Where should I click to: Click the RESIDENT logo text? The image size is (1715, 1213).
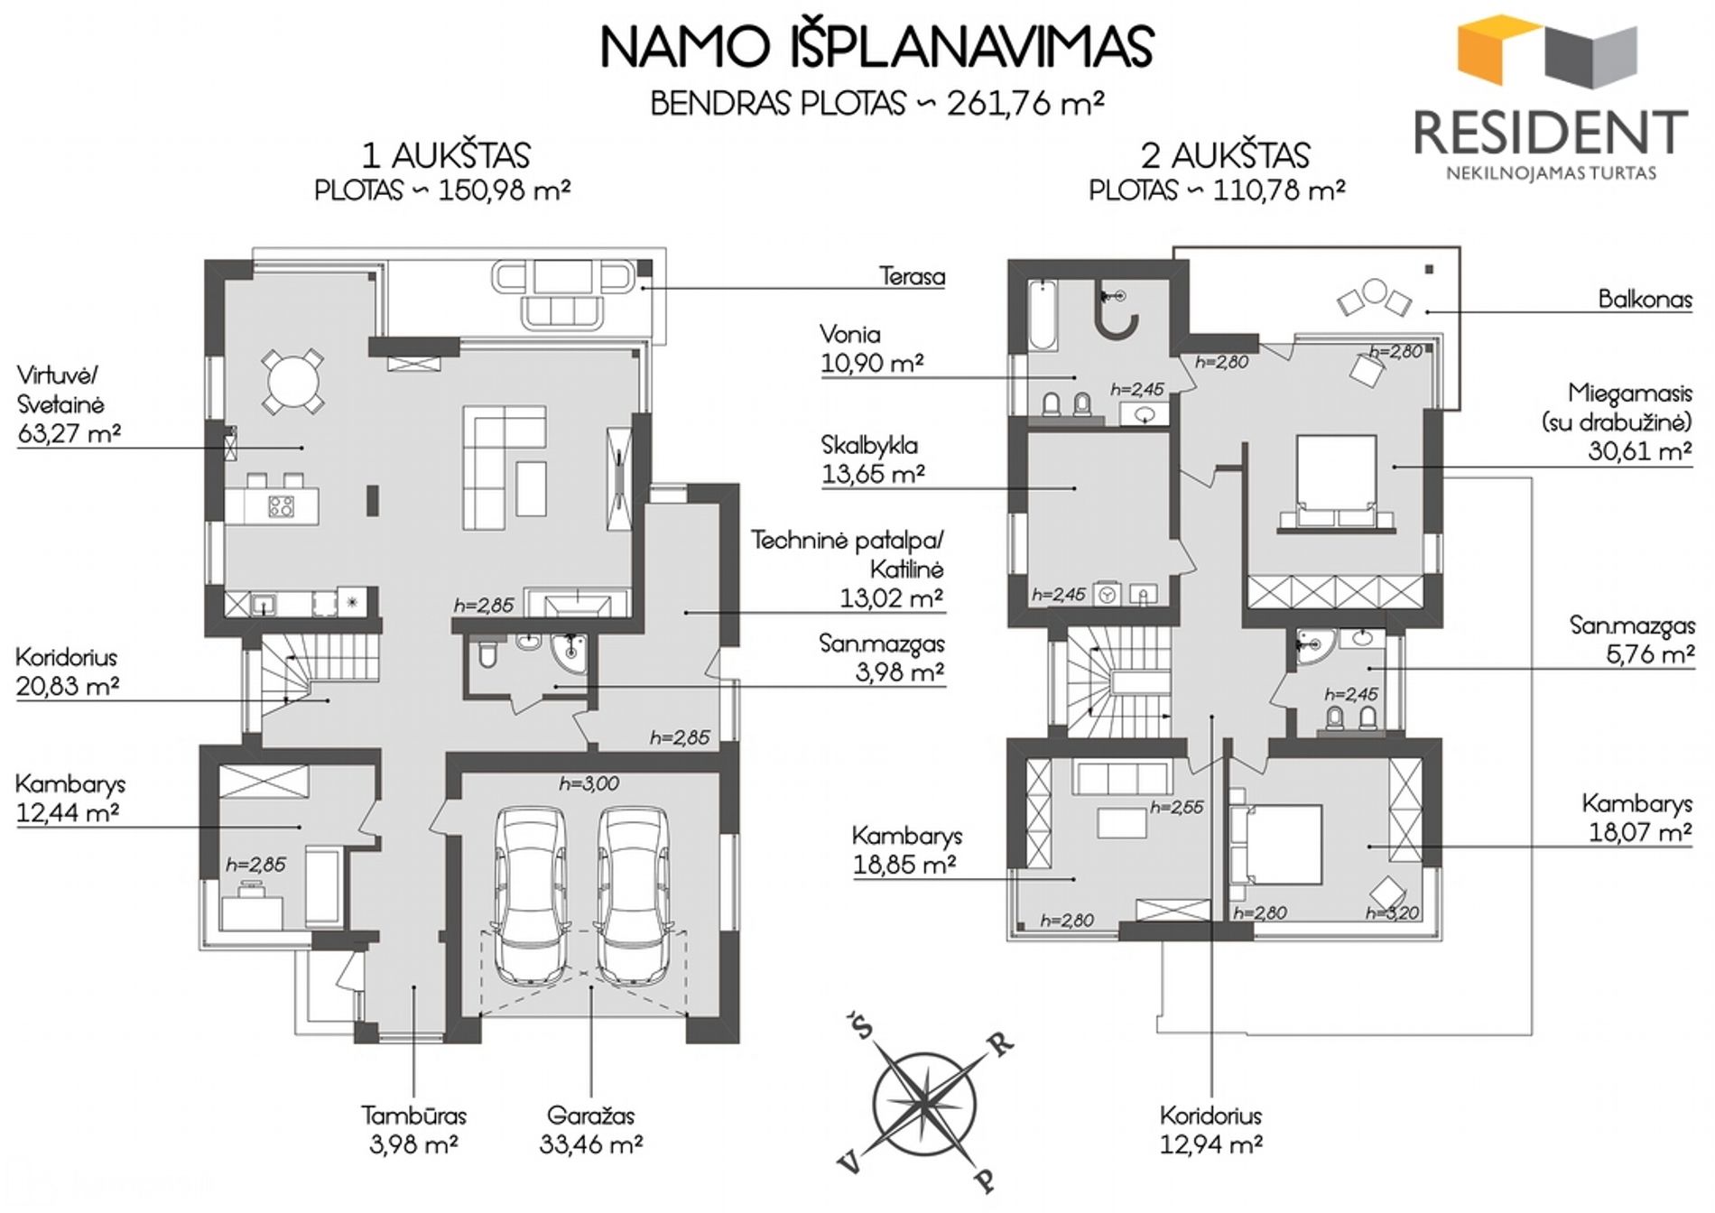[x=1550, y=132]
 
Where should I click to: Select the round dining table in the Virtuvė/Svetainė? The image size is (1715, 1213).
[x=292, y=380]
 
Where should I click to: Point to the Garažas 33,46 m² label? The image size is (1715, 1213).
[x=591, y=1129]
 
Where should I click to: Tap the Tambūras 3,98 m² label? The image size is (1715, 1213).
[x=413, y=1129]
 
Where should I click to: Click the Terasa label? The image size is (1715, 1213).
[x=912, y=275]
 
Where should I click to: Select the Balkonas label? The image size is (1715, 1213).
[x=1645, y=299]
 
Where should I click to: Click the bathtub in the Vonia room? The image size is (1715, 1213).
[x=1043, y=315]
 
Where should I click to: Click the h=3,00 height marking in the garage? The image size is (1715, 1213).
[x=589, y=783]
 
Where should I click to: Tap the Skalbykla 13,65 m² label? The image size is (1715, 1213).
[x=872, y=458]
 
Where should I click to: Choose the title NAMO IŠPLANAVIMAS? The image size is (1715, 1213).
[x=877, y=47]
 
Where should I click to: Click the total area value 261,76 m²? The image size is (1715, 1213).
[x=1025, y=104]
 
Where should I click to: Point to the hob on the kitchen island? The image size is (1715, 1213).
[x=281, y=506]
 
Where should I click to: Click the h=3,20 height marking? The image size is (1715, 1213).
[x=1393, y=913]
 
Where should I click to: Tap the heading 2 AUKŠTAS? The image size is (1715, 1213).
[x=1225, y=155]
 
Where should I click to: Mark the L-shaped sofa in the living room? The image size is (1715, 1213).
[x=505, y=468]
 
